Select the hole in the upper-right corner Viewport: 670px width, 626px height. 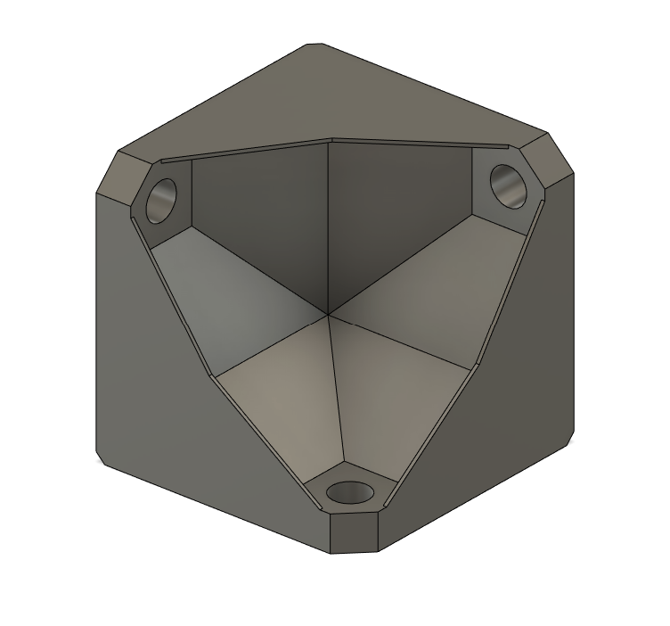(x=509, y=186)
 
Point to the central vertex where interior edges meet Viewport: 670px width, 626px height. (x=329, y=314)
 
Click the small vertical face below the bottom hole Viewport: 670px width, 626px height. (x=354, y=532)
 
